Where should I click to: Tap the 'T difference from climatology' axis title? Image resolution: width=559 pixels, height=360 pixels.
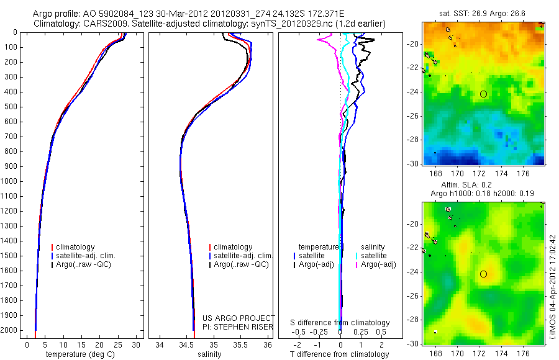(340, 354)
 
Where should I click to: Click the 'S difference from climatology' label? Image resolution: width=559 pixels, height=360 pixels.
(340, 323)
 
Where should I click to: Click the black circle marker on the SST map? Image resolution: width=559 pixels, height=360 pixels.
(483, 94)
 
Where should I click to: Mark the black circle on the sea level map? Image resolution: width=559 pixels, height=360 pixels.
(483, 274)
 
